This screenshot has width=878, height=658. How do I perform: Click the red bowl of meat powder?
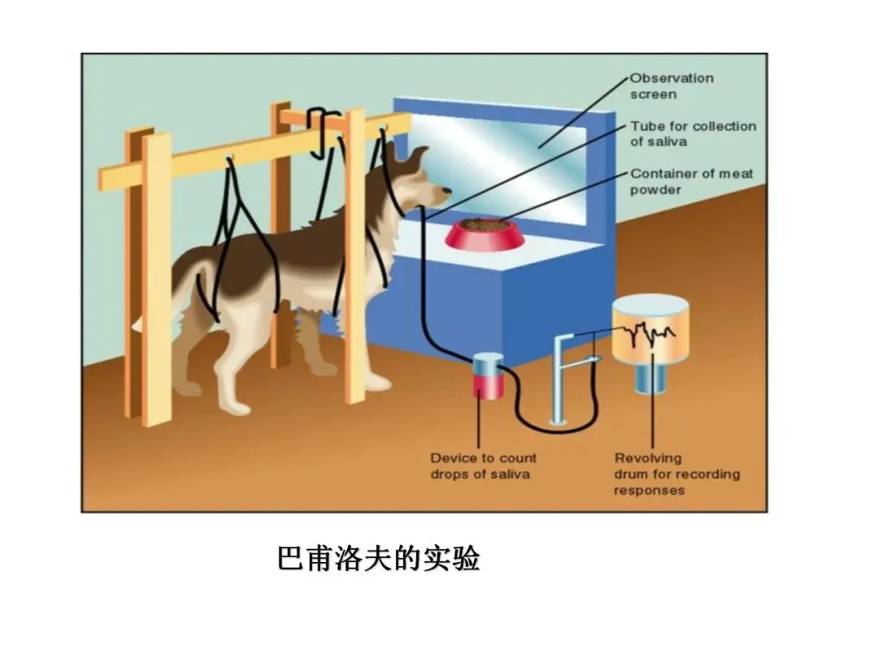click(485, 232)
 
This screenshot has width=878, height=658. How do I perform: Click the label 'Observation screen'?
click(672, 86)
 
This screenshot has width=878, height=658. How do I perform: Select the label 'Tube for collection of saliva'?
click(693, 134)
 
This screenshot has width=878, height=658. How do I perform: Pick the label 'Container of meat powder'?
click(691, 181)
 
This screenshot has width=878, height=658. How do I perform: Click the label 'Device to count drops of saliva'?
click(483, 466)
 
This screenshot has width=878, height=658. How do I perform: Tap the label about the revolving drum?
click(676, 474)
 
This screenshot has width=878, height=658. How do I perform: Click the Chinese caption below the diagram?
click(378, 559)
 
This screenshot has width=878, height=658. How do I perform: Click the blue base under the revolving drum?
click(650, 378)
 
